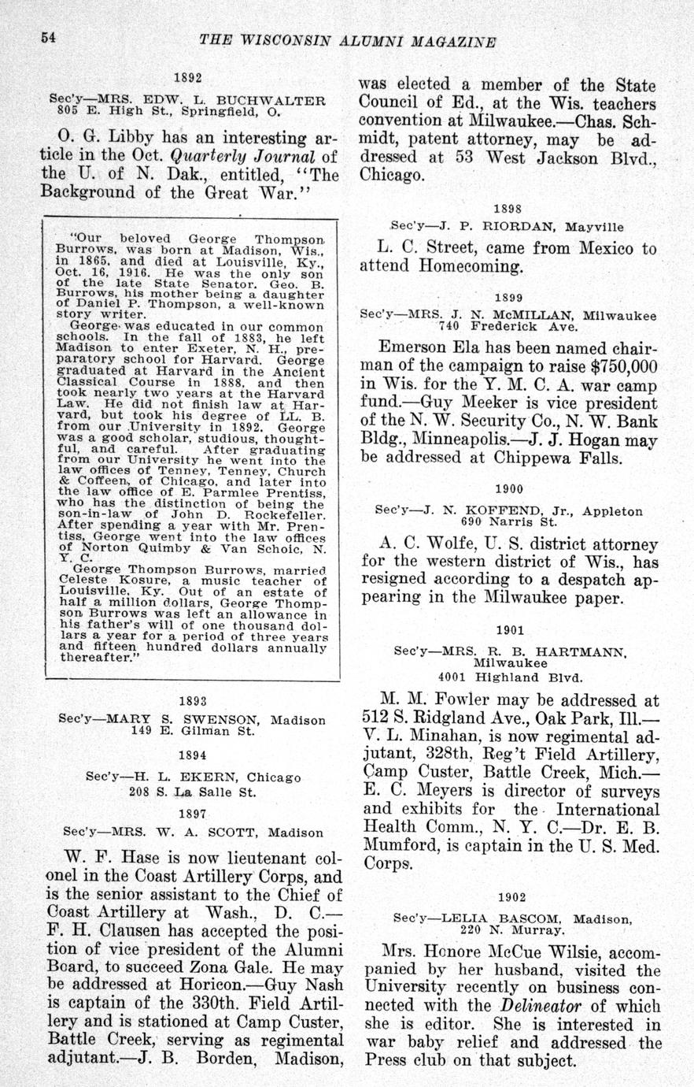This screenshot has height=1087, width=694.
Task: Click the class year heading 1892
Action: (x=188, y=78)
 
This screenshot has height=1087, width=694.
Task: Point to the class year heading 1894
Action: (x=193, y=755)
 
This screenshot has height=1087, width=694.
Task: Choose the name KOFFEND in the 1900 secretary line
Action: (x=498, y=510)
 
